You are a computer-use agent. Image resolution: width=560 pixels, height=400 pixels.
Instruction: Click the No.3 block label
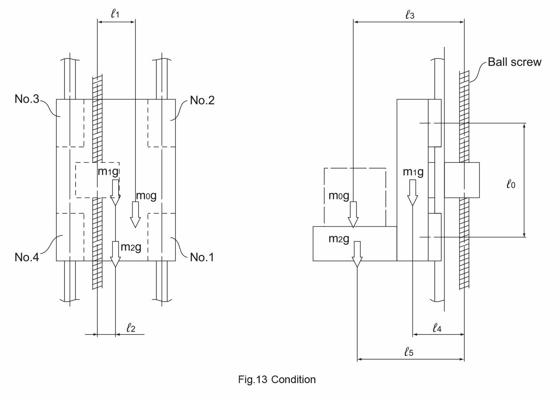pos(27,99)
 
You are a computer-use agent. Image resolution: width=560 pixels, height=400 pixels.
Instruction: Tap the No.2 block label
pos(202,101)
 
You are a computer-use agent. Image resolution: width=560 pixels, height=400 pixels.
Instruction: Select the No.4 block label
pos(27,257)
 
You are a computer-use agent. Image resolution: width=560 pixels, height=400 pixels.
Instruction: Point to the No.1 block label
pos(202,257)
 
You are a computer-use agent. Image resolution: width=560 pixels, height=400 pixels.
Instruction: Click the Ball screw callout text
pos(515,62)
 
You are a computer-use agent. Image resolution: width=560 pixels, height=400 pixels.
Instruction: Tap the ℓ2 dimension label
pos(131,327)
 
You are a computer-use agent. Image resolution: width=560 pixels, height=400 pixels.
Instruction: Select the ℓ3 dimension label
pos(410,15)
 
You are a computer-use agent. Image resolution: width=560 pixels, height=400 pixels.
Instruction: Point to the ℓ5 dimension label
pos(409,352)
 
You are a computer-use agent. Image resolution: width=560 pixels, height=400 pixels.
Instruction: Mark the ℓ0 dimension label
pos(511,185)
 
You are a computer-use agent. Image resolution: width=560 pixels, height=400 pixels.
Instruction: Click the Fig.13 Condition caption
pos(277,380)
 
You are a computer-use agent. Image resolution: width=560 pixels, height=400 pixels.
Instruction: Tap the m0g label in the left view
pos(146,196)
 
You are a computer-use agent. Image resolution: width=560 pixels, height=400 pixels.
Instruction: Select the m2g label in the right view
pos(339,239)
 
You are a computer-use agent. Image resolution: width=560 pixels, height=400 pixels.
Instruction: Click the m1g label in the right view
pos(413,172)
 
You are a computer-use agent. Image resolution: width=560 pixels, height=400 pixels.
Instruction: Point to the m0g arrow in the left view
pos(135,214)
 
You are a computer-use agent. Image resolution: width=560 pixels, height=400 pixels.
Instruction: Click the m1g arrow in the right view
pos(412,193)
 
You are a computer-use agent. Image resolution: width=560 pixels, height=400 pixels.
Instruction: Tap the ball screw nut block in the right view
pos(462,180)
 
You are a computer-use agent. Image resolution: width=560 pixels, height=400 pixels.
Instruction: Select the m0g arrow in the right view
pos(353,214)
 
